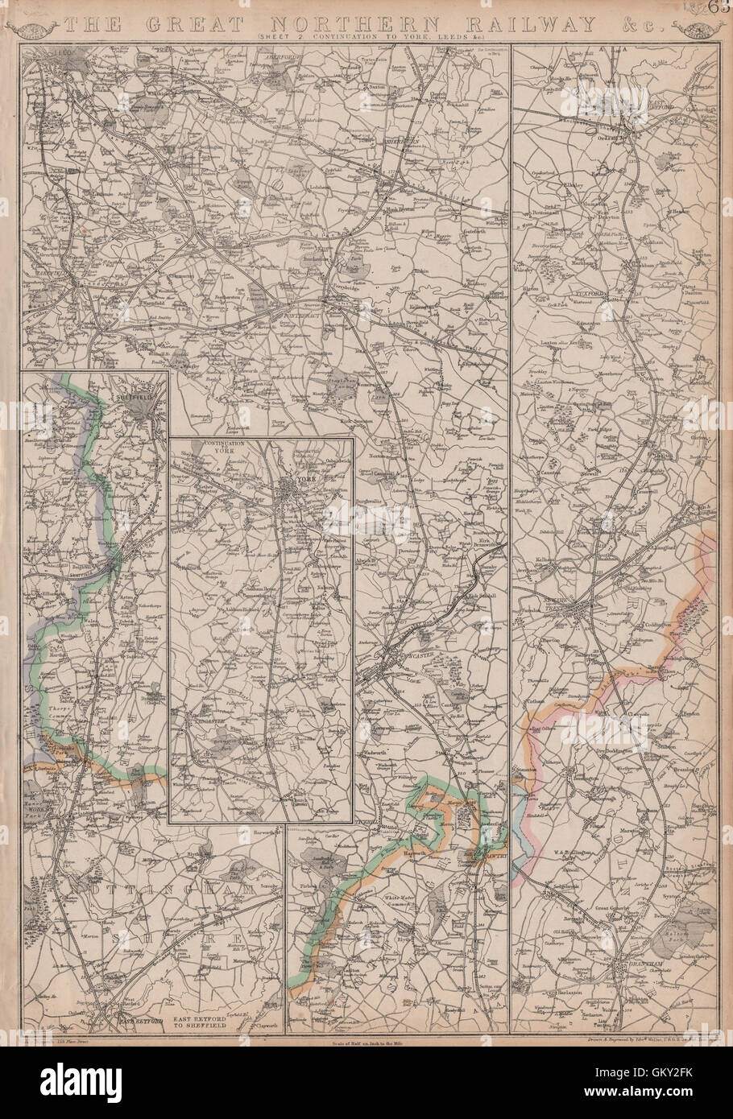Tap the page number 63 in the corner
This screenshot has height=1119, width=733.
pyautogui.click(x=719, y=8)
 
